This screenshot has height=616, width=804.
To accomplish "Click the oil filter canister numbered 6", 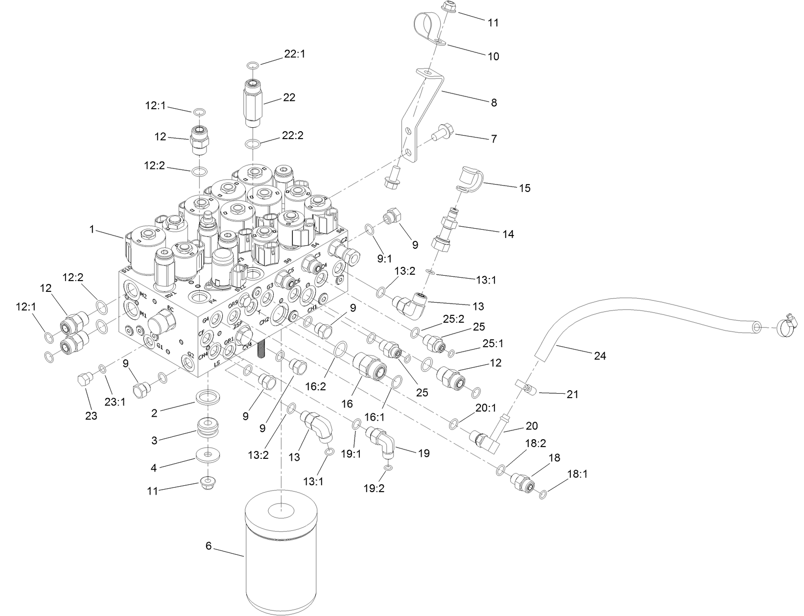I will [x=282, y=558].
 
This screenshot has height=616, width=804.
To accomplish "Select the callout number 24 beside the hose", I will [x=599, y=356].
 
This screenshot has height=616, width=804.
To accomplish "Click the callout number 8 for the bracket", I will [x=494, y=102].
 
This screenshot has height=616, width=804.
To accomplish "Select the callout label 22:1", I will [x=294, y=54].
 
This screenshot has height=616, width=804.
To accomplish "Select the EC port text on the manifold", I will [x=170, y=309].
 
